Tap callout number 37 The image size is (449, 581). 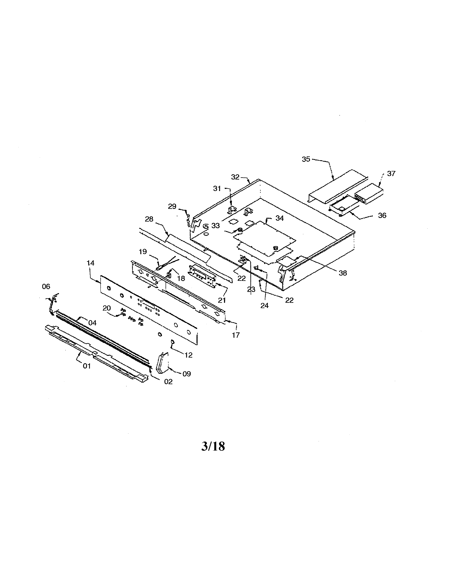point(391,173)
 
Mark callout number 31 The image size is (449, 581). point(217,188)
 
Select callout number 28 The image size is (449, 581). point(149,219)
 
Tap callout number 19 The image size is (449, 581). point(143,251)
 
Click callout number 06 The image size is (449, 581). point(46,286)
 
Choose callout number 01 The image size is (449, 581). point(87,366)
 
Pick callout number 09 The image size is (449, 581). point(186,374)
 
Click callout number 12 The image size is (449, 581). point(188,355)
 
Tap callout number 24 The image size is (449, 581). point(264,305)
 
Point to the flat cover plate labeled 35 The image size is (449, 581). point(338,186)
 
